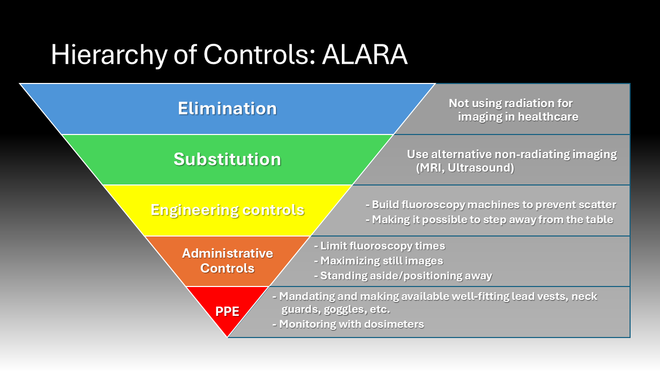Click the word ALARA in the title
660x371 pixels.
(365, 55)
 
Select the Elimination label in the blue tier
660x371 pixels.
(227, 108)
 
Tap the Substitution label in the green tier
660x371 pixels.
(227, 159)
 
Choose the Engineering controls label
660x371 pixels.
(227, 210)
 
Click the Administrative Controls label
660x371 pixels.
(227, 261)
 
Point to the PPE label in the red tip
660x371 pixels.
(227, 312)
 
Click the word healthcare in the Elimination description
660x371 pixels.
(548, 116)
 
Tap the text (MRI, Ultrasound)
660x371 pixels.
(465, 168)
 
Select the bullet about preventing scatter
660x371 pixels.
(491, 205)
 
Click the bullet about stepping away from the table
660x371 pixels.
(489, 220)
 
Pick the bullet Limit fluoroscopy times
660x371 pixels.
(379, 246)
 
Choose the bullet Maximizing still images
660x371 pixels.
(378, 261)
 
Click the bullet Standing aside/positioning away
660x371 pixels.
(403, 276)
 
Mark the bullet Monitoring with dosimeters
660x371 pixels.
(348, 324)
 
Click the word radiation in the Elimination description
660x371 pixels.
(514, 104)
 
